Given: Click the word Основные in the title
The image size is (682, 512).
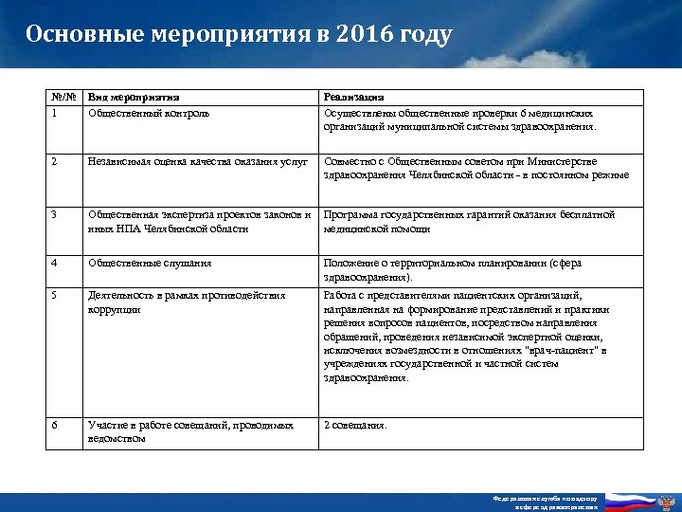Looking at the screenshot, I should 84,35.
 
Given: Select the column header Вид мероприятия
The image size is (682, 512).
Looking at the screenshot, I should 133,97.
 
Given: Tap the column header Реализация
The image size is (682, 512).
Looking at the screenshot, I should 353,97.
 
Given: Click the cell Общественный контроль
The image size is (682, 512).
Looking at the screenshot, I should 149,113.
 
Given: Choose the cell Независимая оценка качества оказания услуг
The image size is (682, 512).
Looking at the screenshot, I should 197,161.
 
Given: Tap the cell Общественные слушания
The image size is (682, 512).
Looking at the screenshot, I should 149,263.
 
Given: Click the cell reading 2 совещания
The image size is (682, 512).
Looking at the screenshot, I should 355,425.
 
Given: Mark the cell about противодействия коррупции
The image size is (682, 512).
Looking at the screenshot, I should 186,302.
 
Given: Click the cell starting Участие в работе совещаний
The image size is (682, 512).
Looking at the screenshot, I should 190,431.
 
